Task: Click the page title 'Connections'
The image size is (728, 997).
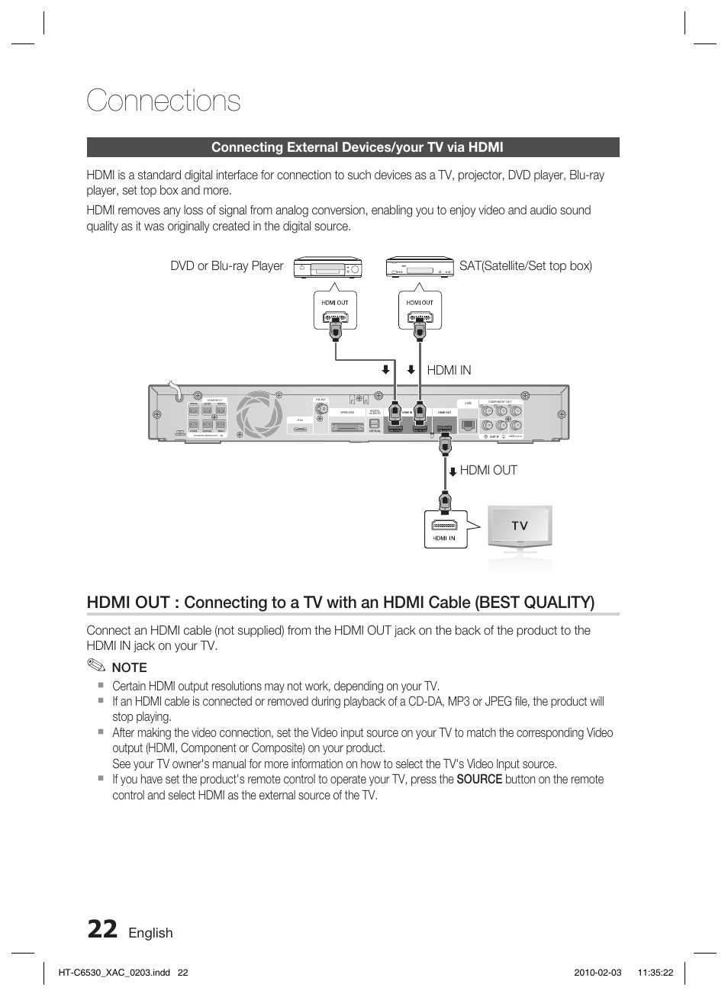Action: [x=163, y=101]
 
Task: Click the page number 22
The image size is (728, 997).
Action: [x=102, y=929]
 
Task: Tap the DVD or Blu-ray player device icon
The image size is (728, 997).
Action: [x=327, y=268]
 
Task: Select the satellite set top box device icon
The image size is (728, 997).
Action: [x=420, y=268]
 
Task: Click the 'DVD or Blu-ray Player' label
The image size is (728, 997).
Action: [x=227, y=266]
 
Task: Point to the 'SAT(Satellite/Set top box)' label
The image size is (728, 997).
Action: [x=525, y=266]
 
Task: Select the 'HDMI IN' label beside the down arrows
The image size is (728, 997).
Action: [x=449, y=370]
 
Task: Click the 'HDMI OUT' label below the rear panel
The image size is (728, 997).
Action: [x=488, y=471]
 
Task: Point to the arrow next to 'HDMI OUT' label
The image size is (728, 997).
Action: [x=453, y=471]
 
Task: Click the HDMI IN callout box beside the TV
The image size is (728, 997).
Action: [x=444, y=529]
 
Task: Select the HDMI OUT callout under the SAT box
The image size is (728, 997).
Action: [x=420, y=310]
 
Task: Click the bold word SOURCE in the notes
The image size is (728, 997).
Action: [x=479, y=780]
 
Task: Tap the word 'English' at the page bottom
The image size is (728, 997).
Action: [x=150, y=933]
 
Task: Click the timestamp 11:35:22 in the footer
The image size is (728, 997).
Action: [x=655, y=973]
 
